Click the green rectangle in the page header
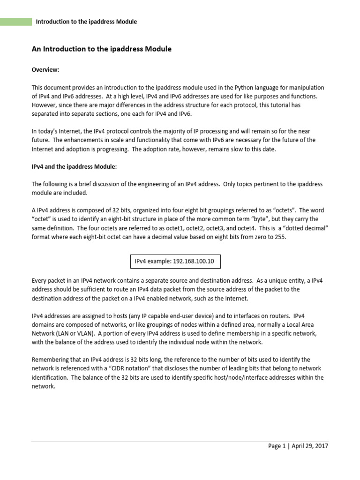tap(15, 22)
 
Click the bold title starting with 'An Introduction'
tap(101, 49)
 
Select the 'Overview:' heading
tap(45, 70)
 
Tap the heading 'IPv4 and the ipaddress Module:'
tap(74, 166)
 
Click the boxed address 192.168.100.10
tap(193, 261)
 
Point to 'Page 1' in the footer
tap(277, 446)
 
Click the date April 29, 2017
tap(310, 446)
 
